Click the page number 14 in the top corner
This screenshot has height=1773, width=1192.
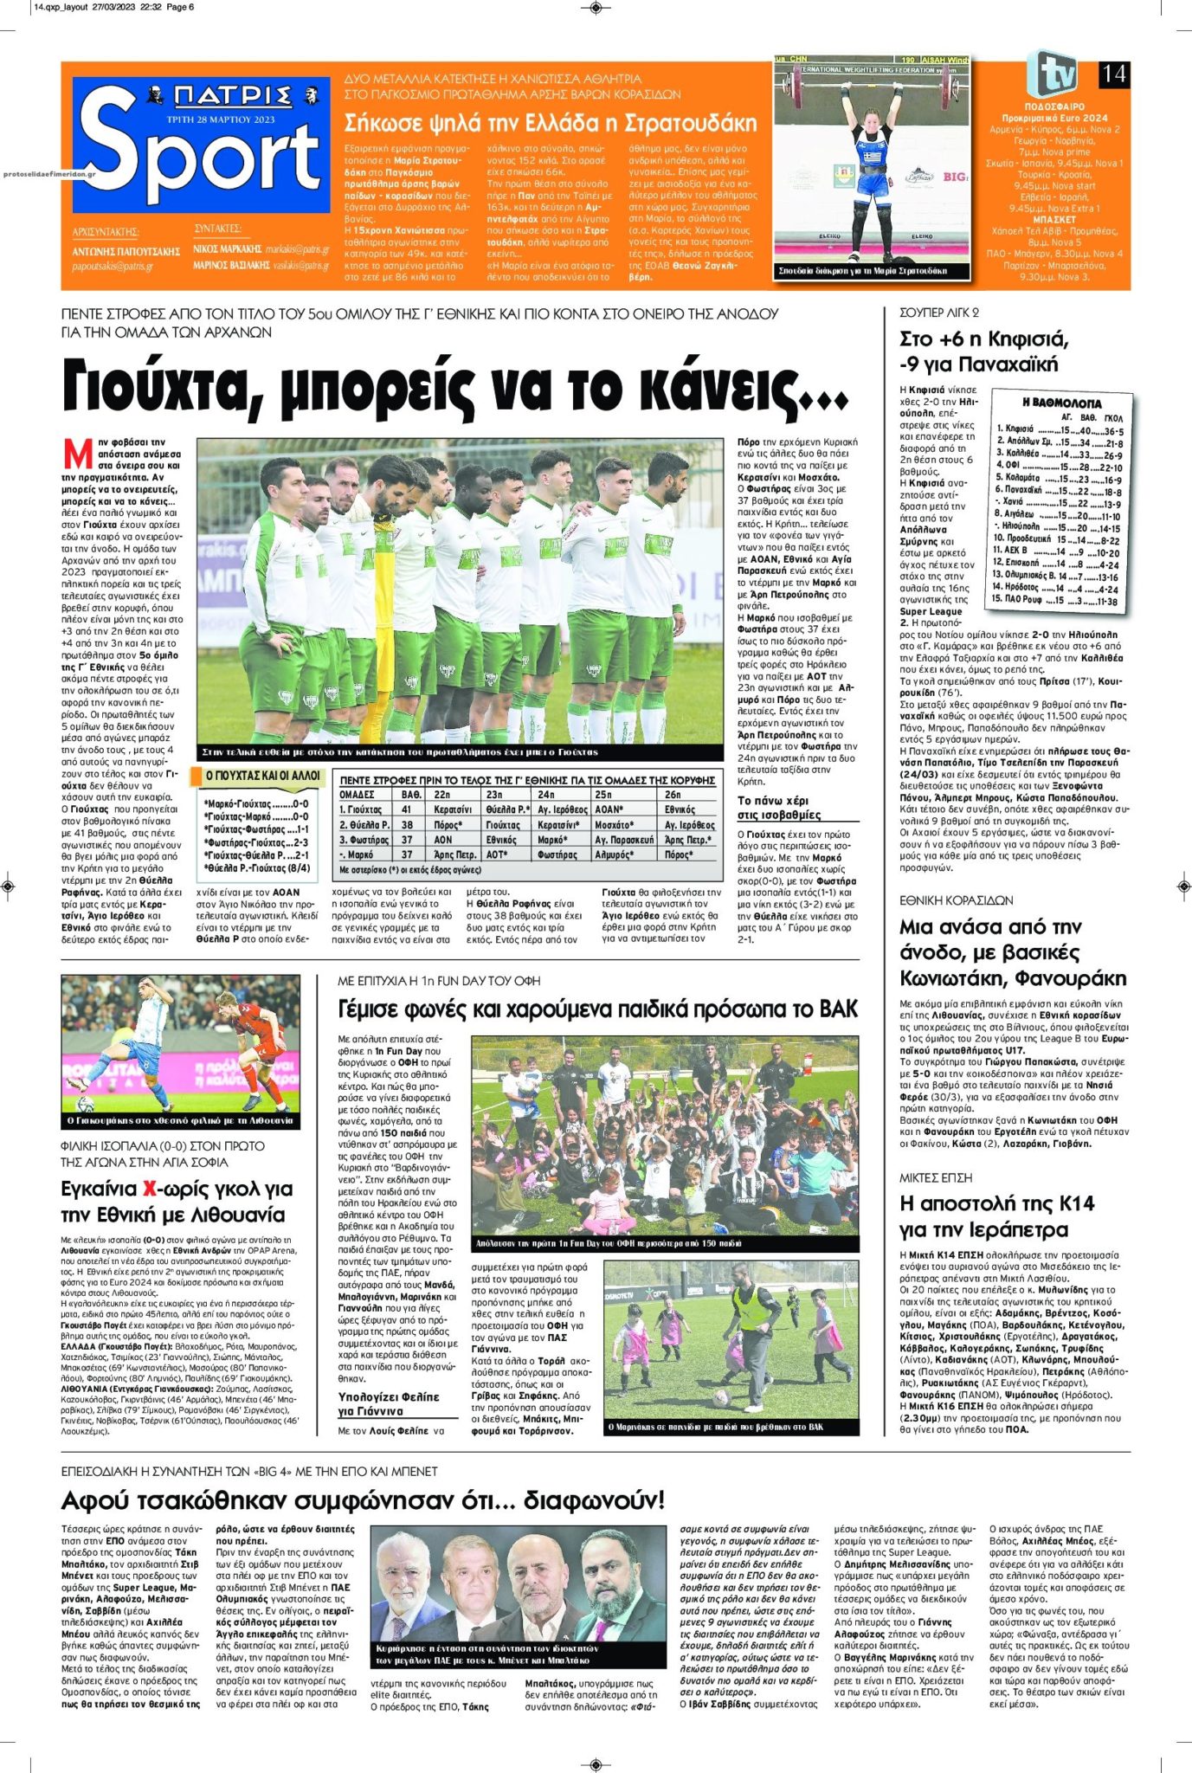coord(1114,74)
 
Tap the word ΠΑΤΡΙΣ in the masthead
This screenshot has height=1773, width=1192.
coord(232,94)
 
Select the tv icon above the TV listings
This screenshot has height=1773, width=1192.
coord(1052,74)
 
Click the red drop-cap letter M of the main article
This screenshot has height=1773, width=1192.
coord(78,454)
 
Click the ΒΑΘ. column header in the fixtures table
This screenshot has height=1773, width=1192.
coord(411,794)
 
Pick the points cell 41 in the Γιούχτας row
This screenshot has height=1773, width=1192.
coord(407,809)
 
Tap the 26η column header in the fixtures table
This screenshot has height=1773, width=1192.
coord(673,794)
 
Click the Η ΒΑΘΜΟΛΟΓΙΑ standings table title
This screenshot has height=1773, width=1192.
coord(1061,403)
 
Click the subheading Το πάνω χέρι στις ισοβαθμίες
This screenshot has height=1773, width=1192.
coord(779,808)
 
